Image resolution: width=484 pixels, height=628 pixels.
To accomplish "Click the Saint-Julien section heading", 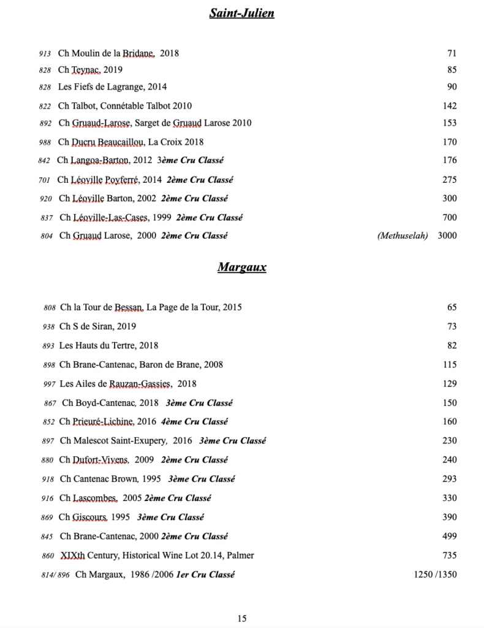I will (241, 13).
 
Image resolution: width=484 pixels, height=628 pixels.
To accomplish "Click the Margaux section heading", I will (241, 267).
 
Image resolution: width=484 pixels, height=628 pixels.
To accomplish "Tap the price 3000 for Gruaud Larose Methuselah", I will (447, 235).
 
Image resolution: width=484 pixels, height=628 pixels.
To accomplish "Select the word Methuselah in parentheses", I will (403, 235).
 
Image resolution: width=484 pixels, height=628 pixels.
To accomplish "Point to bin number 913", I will (44, 54).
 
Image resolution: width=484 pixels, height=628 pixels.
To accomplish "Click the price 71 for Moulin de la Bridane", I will (452, 53).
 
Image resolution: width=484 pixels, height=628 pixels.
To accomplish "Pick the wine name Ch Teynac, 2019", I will (90, 70).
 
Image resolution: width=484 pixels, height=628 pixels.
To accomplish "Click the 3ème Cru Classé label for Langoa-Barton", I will (191, 161).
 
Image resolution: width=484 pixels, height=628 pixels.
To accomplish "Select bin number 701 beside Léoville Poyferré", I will (43, 180).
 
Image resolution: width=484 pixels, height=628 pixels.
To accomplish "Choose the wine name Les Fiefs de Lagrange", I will (112, 87).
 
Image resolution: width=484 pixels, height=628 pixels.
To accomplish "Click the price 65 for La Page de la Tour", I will (452, 307).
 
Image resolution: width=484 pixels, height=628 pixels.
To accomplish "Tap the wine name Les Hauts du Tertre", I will (108, 345).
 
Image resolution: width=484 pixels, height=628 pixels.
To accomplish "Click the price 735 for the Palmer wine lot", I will (449, 556).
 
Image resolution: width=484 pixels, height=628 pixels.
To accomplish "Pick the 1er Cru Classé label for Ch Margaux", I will (205, 575).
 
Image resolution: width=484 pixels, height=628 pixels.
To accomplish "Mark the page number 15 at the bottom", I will (242, 618).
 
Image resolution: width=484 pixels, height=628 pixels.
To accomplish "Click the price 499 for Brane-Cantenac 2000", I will (449, 537).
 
